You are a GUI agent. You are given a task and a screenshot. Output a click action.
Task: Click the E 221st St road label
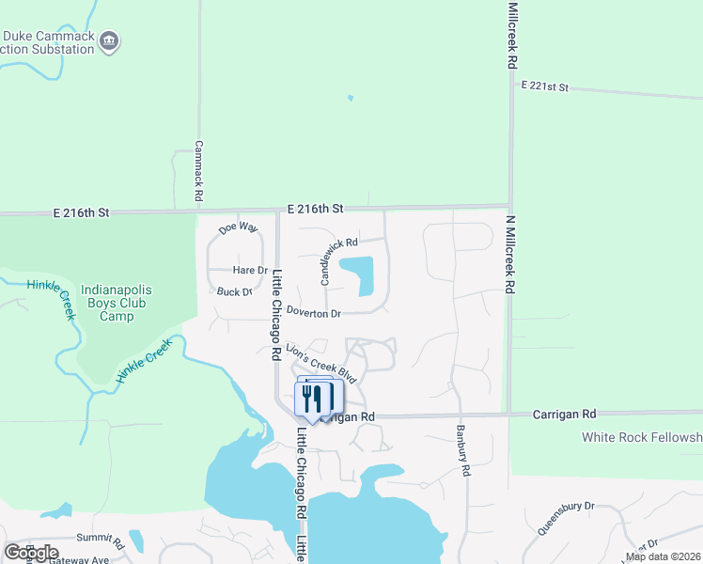545,86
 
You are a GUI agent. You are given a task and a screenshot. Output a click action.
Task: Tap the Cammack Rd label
199,172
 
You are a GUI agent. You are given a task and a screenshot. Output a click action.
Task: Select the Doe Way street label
237,227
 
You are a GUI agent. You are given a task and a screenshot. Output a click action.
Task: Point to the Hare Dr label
250,270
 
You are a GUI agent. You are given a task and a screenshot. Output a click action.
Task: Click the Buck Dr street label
235,291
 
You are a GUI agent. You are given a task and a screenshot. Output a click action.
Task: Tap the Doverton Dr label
313,312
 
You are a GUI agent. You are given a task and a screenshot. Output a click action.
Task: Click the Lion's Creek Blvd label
321,362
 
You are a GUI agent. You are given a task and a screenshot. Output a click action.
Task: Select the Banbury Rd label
464,451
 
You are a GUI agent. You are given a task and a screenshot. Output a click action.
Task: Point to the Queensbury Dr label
567,518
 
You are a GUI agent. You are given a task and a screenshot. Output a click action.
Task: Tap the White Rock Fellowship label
642,437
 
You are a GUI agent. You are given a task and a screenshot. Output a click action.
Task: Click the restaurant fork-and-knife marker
313,399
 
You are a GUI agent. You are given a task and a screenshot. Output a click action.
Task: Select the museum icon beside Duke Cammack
110,40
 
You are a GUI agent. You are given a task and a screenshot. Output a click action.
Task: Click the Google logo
31,552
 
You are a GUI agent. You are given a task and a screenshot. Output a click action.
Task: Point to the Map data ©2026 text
664,556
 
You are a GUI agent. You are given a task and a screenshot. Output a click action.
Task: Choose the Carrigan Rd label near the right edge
565,413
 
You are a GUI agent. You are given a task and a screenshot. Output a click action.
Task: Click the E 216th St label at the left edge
84,213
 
